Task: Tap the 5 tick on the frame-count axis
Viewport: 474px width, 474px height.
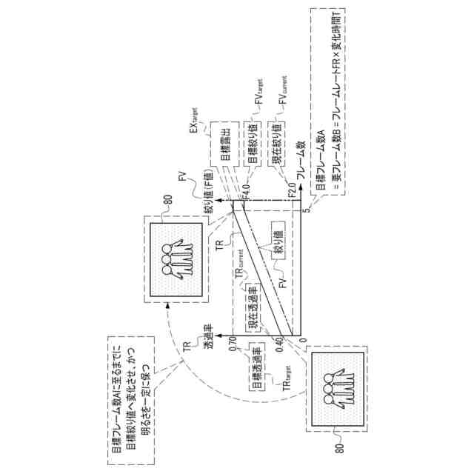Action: (x=305, y=211)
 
